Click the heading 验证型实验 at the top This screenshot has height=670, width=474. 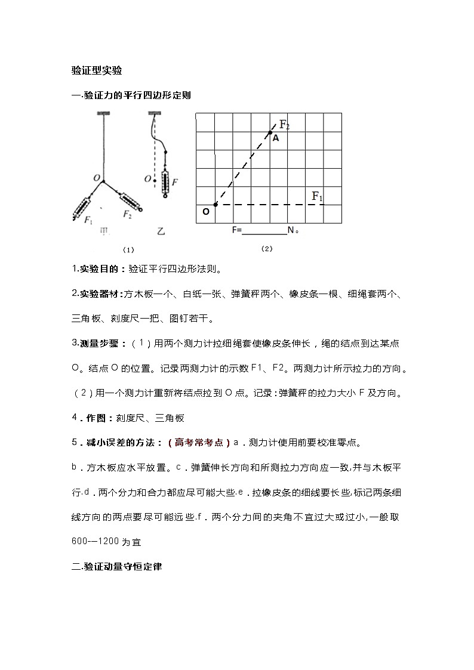[97, 71]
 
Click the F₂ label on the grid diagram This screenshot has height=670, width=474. [284, 125]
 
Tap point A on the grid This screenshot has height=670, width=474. [276, 138]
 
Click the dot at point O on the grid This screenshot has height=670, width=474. [215, 205]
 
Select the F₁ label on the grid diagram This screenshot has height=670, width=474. [317, 196]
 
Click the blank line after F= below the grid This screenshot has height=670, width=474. [263, 230]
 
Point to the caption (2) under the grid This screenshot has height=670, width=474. [267, 248]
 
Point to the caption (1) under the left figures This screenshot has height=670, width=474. [128, 249]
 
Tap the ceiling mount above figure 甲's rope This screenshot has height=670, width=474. [104, 113]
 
